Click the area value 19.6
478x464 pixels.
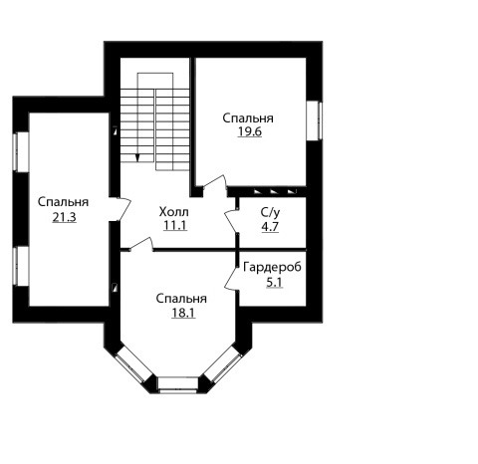[x=250, y=131]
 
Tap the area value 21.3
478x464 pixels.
[x=65, y=217]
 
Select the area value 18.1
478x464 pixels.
[x=183, y=313]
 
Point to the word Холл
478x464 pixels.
[x=174, y=211]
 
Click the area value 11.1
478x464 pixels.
[x=175, y=225]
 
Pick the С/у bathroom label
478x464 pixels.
[x=270, y=213]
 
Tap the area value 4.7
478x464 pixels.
[x=270, y=227]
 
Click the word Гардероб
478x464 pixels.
[x=272, y=267]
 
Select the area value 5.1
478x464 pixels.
[x=275, y=283]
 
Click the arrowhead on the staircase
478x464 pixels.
[x=137, y=158]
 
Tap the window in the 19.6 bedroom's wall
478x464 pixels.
[x=314, y=120]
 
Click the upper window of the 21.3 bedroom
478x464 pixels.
[x=21, y=152]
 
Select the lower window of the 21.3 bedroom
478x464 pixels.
[x=21, y=266]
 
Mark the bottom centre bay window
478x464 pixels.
[x=178, y=385]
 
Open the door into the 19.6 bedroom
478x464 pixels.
[x=215, y=183]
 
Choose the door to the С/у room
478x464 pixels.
[x=231, y=220]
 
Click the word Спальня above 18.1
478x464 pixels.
[x=181, y=299]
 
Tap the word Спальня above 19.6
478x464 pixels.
[x=248, y=118]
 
